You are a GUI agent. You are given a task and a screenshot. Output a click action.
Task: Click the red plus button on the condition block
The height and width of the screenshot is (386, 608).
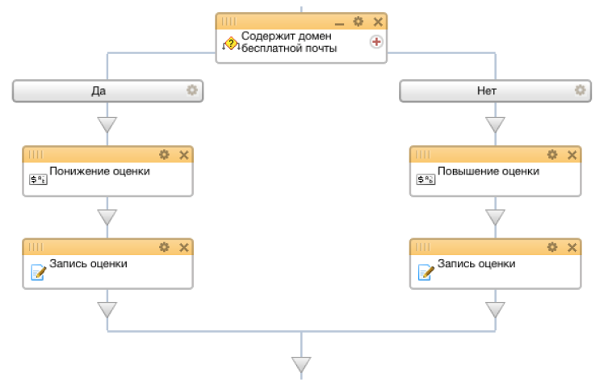[x=376, y=41]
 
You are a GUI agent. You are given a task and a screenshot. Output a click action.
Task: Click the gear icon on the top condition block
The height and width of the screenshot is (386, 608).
[x=359, y=21]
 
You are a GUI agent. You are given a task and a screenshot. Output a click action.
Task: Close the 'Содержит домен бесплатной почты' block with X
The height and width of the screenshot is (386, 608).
[x=378, y=22]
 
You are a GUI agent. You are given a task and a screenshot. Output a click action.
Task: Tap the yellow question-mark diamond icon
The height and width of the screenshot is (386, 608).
[x=231, y=44]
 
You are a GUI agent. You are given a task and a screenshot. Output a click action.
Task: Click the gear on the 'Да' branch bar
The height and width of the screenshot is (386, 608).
[x=192, y=90]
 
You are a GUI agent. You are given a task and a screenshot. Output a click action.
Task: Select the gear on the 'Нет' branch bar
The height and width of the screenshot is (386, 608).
[x=580, y=90]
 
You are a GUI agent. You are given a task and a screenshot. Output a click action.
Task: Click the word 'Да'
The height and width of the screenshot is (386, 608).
[x=99, y=90]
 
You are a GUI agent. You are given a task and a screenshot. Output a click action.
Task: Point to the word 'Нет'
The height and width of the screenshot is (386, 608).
[x=487, y=90]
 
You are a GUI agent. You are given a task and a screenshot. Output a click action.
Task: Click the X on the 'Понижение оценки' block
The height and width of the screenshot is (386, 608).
[x=184, y=155]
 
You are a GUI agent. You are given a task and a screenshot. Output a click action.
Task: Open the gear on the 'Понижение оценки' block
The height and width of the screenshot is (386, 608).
[x=164, y=155]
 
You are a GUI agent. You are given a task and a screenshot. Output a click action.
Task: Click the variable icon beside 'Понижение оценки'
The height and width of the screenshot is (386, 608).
[x=39, y=179]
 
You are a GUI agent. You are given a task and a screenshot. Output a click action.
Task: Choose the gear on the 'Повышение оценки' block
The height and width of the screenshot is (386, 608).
[x=552, y=155]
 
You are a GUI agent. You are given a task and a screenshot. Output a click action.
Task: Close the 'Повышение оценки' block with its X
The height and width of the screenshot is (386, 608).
[x=572, y=155]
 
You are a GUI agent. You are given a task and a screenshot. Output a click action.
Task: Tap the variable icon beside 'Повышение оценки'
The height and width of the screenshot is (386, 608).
[x=426, y=179]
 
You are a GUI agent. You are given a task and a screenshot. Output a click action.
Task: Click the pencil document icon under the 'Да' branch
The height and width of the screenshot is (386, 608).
[x=39, y=272]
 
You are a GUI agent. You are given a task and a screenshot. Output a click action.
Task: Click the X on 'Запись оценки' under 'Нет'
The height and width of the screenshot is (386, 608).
[x=572, y=247]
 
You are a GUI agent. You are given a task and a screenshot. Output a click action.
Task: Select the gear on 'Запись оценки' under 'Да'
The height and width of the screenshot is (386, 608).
[x=164, y=247]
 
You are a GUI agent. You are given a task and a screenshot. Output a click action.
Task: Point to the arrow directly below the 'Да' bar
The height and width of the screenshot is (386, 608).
[x=107, y=124]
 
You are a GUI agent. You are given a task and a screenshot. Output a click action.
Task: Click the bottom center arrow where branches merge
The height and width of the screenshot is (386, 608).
[x=301, y=365]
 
